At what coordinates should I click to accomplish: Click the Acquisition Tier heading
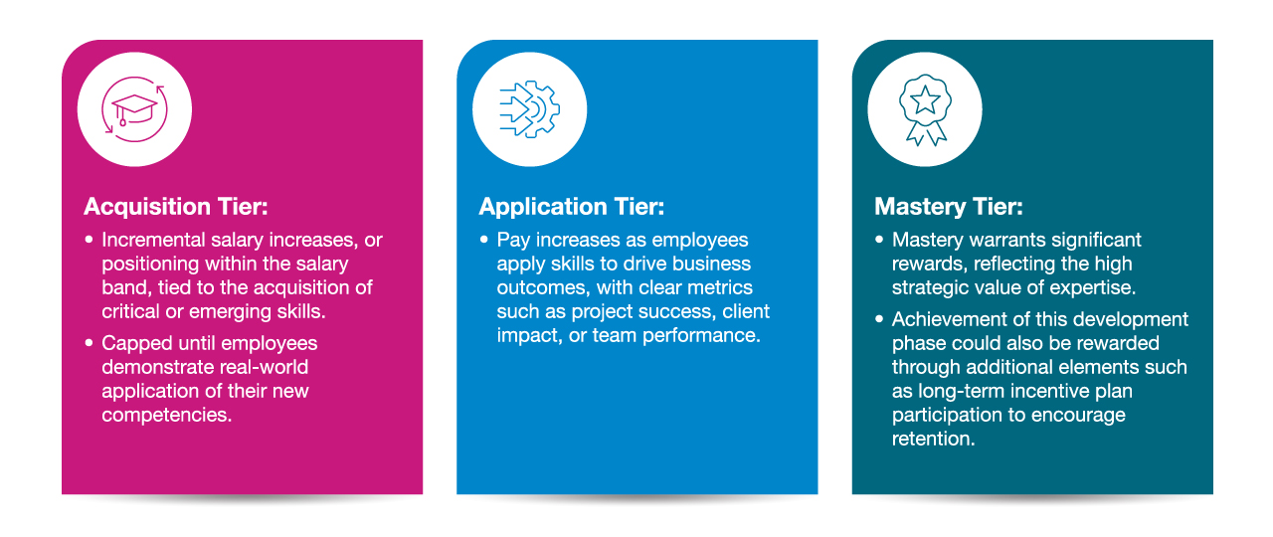(x=176, y=206)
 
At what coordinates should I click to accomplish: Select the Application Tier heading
(x=571, y=206)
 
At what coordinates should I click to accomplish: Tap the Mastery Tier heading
(x=949, y=206)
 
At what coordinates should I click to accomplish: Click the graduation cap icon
(x=134, y=109)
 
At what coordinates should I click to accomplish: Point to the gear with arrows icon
(x=530, y=109)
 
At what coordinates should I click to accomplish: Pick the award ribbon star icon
(x=925, y=109)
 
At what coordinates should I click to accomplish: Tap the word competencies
(x=166, y=416)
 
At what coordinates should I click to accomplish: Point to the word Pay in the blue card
(x=514, y=241)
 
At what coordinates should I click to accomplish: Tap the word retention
(x=933, y=439)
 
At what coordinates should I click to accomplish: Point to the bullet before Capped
(x=89, y=343)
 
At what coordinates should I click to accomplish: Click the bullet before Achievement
(x=879, y=319)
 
